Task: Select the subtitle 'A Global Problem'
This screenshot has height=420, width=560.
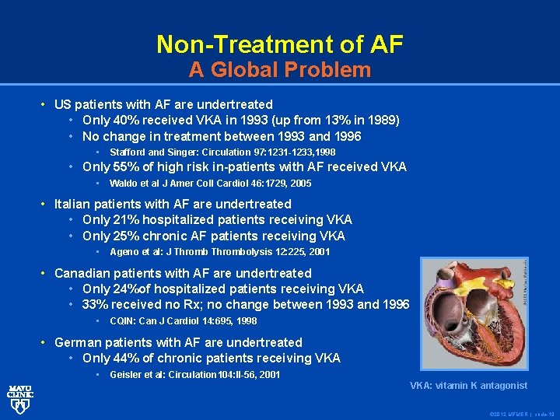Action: (x=279, y=70)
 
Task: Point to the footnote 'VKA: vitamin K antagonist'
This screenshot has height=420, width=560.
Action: (x=468, y=386)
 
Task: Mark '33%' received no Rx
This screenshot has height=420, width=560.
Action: (x=96, y=304)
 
